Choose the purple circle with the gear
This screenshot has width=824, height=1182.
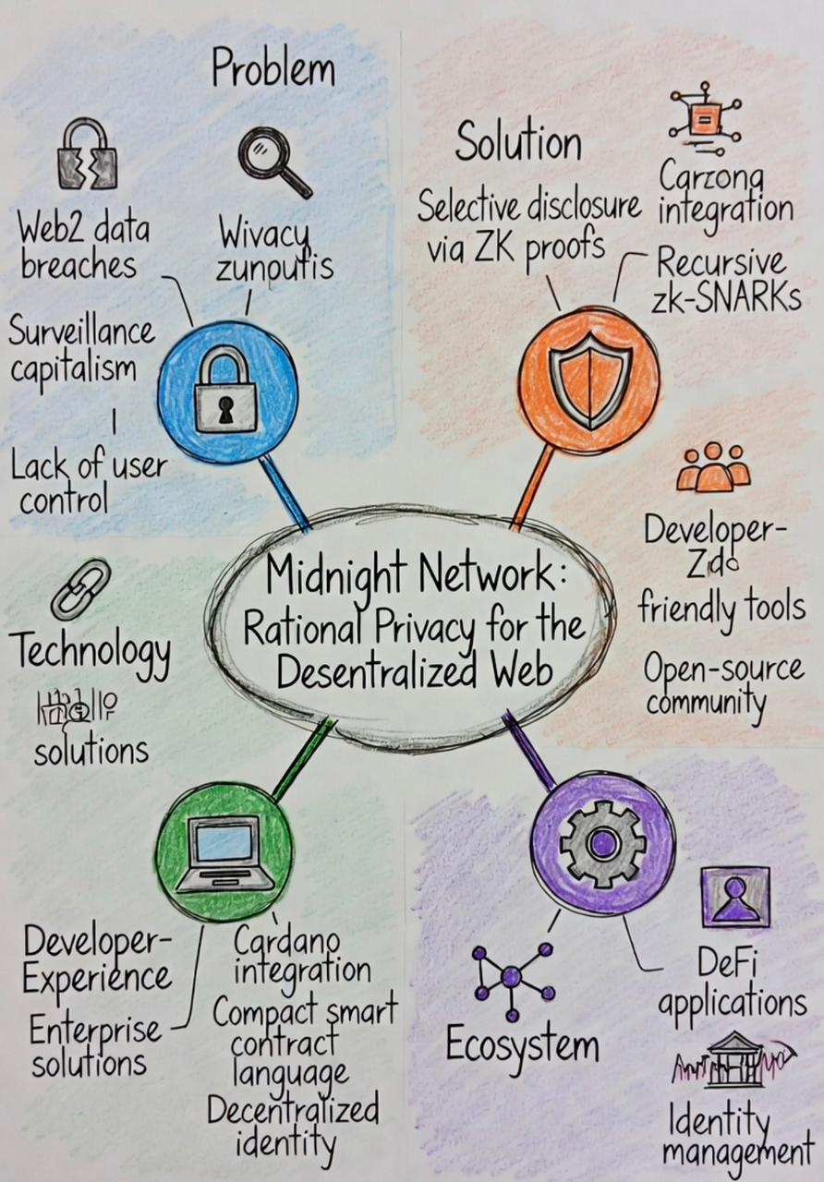click(x=603, y=842)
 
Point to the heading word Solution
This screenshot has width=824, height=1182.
click(x=517, y=144)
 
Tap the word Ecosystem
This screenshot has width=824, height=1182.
click(x=522, y=1045)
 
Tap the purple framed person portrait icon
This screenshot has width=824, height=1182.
click(x=734, y=896)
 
